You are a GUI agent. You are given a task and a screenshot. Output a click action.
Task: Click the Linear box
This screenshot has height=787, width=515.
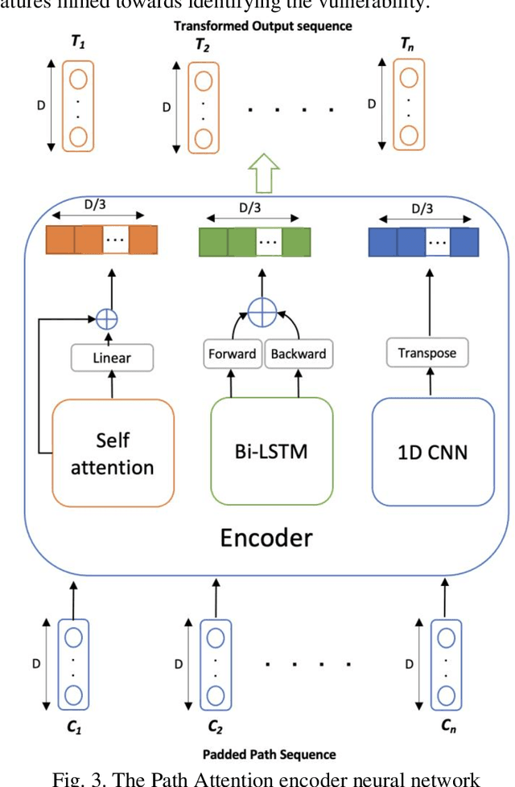[x=112, y=359]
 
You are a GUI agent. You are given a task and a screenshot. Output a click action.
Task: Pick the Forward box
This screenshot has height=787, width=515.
[x=233, y=355]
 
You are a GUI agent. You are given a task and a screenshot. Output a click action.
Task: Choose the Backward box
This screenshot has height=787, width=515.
[x=299, y=355]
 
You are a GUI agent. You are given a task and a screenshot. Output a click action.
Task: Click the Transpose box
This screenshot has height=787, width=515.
[x=427, y=353]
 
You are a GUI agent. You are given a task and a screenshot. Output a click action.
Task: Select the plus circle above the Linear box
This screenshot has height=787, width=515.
[x=106, y=318]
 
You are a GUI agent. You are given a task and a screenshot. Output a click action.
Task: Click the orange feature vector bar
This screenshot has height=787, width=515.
[x=101, y=240]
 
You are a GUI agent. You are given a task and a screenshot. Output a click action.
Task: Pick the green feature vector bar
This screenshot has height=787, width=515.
[x=255, y=241]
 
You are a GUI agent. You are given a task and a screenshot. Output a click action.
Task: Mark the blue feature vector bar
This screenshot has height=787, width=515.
[x=423, y=240]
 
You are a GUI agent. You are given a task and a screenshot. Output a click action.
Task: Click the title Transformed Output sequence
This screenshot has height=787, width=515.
[x=263, y=26]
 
